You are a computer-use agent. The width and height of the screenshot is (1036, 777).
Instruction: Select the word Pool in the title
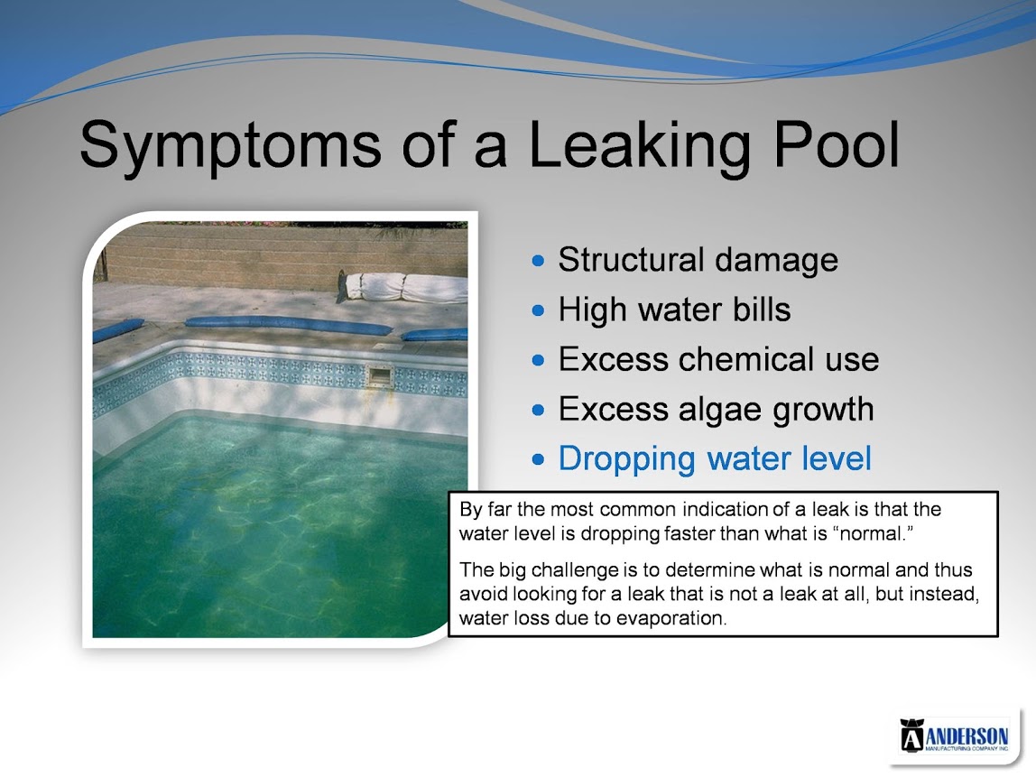click(836, 143)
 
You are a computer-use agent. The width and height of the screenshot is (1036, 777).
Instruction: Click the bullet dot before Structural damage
click(539, 261)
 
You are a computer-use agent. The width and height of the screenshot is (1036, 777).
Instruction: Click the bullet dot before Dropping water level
click(539, 459)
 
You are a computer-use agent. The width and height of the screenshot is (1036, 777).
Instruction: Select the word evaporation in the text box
click(670, 618)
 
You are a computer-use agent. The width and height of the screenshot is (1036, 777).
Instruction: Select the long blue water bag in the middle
click(288, 324)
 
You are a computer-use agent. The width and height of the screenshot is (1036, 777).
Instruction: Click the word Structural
click(630, 260)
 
